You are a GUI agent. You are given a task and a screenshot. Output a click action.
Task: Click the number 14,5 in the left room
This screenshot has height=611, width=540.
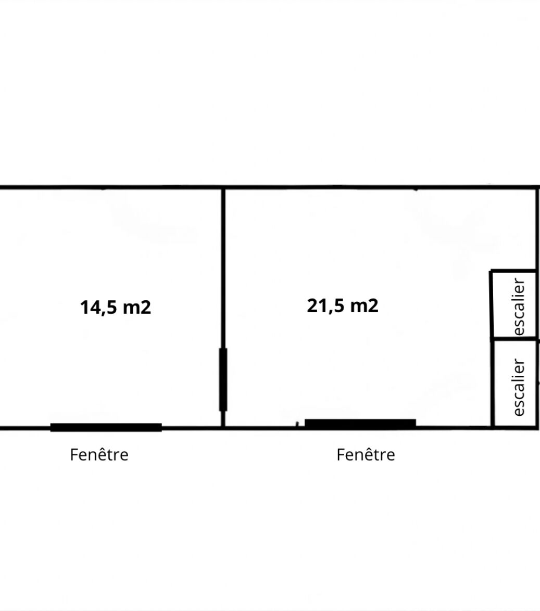(98, 308)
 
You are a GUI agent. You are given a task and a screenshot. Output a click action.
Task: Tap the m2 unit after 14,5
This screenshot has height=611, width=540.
(137, 308)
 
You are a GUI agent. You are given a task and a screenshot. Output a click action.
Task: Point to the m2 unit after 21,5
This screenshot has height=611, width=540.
(364, 305)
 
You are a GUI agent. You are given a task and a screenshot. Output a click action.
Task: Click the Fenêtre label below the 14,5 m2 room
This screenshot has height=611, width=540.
(99, 454)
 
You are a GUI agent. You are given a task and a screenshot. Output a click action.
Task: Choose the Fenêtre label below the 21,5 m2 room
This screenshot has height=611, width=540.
(366, 454)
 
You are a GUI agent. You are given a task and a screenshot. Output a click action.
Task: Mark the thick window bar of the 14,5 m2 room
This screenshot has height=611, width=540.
(106, 427)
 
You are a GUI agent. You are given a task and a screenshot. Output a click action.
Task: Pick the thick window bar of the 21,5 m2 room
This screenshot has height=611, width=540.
(360, 424)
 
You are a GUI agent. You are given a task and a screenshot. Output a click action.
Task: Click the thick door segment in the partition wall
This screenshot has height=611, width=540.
(223, 379)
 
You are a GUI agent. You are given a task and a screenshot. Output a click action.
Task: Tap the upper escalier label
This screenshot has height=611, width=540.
(519, 306)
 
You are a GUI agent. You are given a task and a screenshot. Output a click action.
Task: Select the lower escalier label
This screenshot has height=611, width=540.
(519, 387)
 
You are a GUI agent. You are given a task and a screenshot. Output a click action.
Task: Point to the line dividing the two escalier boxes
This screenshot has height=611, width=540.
(515, 340)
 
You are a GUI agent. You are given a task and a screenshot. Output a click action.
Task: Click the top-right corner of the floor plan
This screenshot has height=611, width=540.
(537, 187)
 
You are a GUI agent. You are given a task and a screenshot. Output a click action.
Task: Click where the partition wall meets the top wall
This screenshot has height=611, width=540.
(223, 188)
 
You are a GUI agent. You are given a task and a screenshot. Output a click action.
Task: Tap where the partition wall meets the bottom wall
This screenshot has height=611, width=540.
(223, 428)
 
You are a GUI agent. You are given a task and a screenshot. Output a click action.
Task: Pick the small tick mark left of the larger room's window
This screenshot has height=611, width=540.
(297, 424)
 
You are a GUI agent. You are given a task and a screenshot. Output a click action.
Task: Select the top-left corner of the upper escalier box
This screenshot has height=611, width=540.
(491, 271)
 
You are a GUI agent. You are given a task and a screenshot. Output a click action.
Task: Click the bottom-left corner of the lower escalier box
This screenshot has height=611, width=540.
(493, 427)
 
